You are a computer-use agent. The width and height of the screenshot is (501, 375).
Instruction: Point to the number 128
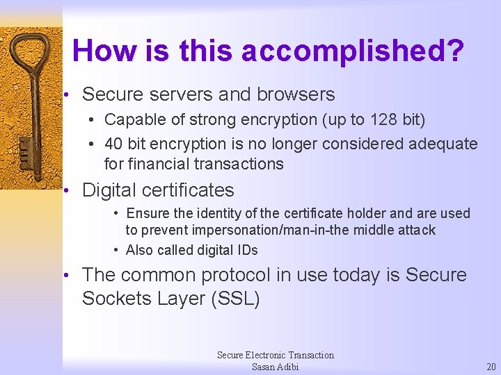click(x=382, y=119)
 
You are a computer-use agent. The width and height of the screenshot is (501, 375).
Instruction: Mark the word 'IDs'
click(x=247, y=250)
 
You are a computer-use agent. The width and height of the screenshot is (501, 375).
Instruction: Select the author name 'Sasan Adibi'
click(x=275, y=367)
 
